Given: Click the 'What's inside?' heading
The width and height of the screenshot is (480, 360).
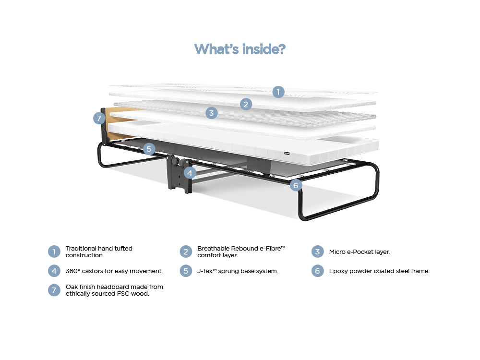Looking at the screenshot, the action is click(240, 49).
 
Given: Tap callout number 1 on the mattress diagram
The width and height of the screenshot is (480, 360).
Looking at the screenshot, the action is click(278, 92).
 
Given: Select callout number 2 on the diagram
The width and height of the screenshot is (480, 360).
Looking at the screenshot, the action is click(246, 104).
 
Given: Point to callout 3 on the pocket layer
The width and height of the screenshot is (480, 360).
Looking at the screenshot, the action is click(211, 113).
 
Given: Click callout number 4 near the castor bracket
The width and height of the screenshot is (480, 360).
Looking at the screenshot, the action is click(190, 173).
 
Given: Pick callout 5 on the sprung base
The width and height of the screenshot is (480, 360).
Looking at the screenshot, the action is click(149, 149).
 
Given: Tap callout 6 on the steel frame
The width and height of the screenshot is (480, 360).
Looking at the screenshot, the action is click(296, 185).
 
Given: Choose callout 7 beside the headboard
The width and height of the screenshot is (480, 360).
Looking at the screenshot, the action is click(99, 118).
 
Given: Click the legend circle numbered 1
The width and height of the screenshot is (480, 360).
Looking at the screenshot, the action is click(54, 252).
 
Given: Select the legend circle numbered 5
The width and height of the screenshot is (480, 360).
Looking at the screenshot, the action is click(186, 271).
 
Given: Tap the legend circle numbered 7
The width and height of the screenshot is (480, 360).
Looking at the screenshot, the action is click(54, 290).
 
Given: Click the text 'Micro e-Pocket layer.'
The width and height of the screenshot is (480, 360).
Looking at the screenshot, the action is click(360, 252).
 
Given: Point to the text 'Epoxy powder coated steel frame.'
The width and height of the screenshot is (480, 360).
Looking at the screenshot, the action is click(379, 271).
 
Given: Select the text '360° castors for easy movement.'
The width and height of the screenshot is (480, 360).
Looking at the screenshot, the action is click(114, 271).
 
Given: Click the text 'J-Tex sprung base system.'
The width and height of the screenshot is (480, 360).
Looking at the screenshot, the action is click(238, 271).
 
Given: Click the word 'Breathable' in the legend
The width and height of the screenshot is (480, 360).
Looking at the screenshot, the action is click(213, 248).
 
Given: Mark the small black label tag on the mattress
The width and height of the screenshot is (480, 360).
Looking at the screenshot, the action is click(287, 154).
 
